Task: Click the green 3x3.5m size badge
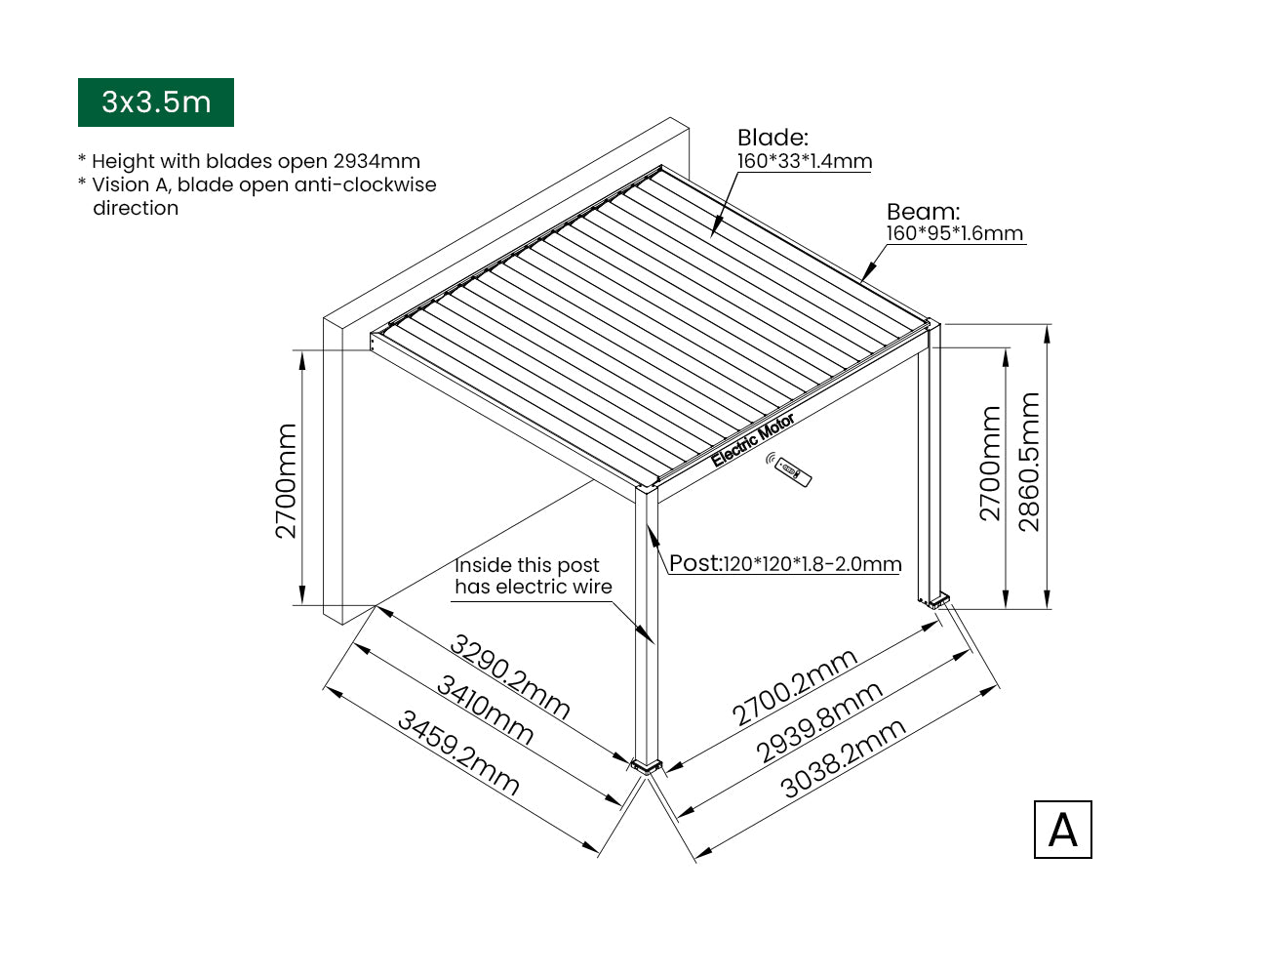point(156,102)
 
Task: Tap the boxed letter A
point(1062,830)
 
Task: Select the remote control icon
point(789,469)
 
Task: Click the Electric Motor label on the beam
point(753,440)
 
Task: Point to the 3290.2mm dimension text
point(509,677)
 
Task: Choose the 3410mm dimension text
point(485,710)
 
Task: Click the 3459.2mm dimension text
point(458,753)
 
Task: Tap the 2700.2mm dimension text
point(795,687)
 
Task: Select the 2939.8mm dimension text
point(819,722)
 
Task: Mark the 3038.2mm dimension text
point(843,758)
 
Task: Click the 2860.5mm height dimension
point(1029,462)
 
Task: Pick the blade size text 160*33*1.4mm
point(805,161)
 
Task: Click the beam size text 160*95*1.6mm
point(955,233)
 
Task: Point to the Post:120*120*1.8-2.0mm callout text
point(785,563)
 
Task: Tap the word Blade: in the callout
point(773,138)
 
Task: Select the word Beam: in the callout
point(923,212)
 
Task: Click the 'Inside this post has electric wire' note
point(534,576)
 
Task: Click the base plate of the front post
point(646,766)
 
